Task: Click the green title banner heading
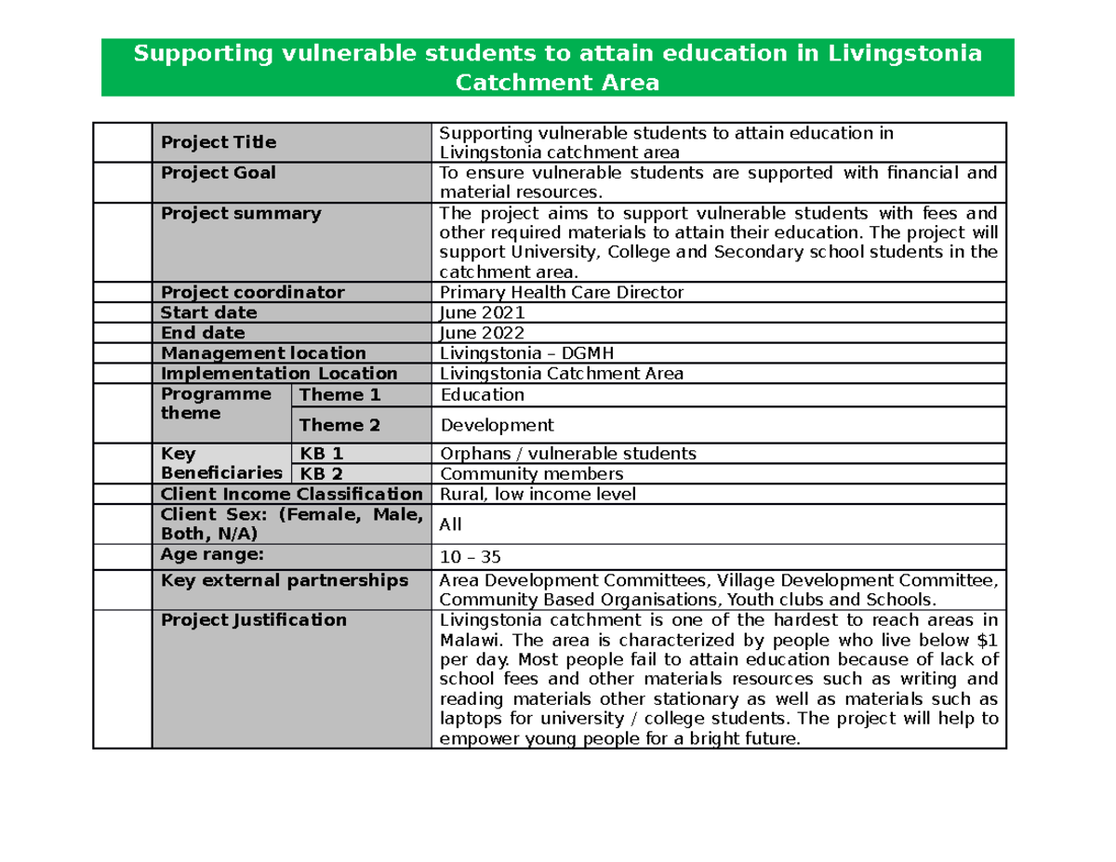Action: (557, 68)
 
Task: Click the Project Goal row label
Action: (219, 173)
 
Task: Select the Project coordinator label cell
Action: (253, 292)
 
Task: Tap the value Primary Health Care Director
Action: (562, 292)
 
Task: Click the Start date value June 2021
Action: (483, 312)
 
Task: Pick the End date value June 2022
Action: (483, 333)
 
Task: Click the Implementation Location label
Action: (279, 374)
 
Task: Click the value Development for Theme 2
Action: (497, 425)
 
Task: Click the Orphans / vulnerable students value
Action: (567, 454)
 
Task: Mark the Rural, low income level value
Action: (538, 495)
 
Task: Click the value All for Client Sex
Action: (450, 524)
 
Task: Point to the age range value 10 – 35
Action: (471, 557)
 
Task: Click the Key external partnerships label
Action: (285, 580)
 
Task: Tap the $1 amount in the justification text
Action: (988, 640)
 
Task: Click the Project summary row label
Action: (241, 214)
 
